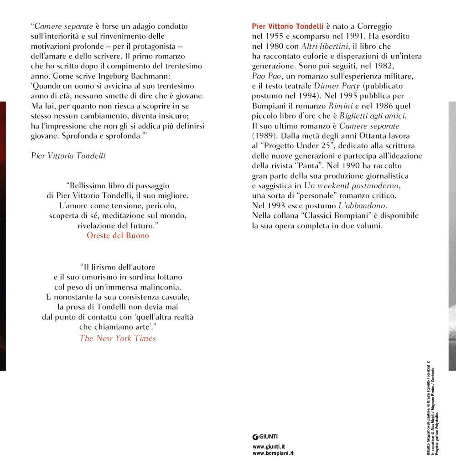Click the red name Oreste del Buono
point(118,236)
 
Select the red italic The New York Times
point(118,338)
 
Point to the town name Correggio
point(371,26)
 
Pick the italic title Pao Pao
point(265,76)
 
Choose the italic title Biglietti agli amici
point(373,116)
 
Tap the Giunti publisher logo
point(265,436)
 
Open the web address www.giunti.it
point(269,447)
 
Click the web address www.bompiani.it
point(273,454)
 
